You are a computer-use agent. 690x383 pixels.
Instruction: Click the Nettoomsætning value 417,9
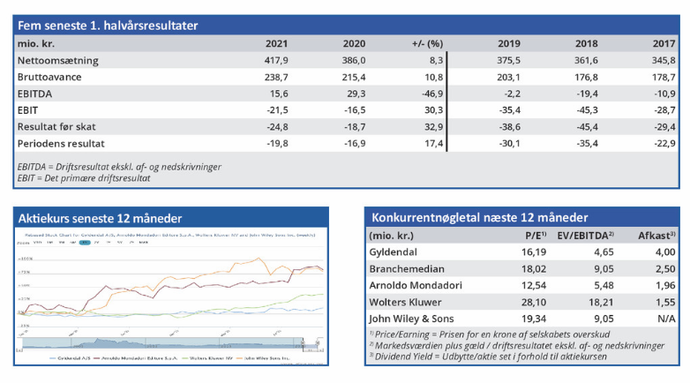tap(276, 60)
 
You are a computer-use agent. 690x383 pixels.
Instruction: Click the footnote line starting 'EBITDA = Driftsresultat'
tap(119, 167)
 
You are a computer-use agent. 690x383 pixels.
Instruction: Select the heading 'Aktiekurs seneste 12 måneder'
tap(101, 217)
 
